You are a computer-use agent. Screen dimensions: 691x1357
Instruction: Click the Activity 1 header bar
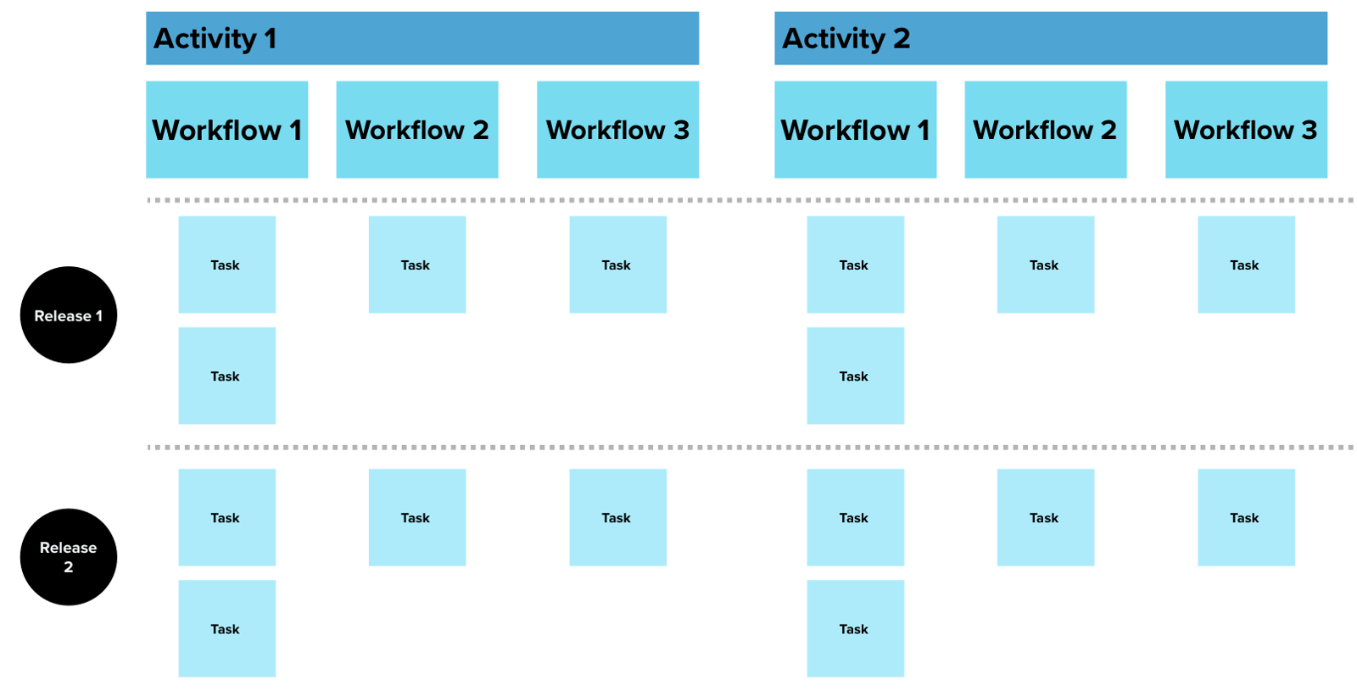coord(422,38)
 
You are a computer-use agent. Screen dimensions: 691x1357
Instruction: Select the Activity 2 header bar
coord(1050,38)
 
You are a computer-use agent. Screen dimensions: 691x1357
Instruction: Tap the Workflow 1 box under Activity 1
coord(226,130)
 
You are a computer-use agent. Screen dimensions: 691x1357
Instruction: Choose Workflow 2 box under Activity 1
coord(416,130)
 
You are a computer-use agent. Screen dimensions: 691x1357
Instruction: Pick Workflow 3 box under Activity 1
coord(617,130)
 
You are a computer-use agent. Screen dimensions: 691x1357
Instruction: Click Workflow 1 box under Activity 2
coord(855,130)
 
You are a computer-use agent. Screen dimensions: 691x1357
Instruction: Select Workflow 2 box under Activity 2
coord(1045,130)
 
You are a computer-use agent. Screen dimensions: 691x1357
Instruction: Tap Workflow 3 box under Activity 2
coord(1246,130)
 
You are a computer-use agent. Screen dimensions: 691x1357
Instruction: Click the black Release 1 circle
coord(69,315)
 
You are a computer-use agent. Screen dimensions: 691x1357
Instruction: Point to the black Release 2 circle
coord(69,557)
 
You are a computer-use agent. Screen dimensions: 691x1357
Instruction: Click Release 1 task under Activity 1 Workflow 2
coord(416,265)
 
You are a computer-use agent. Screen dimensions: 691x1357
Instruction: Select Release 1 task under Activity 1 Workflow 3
coord(617,265)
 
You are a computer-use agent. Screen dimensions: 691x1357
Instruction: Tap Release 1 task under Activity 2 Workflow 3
coord(1246,265)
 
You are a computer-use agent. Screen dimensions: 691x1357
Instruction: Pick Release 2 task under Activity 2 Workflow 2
coord(1045,517)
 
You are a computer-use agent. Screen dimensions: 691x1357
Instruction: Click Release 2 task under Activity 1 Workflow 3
coord(617,517)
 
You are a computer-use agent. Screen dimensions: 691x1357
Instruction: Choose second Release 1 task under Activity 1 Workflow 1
coord(226,376)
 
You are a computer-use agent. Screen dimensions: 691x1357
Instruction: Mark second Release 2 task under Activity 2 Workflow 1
coord(855,628)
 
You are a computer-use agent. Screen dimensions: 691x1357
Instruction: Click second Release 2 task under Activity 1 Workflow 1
coord(226,628)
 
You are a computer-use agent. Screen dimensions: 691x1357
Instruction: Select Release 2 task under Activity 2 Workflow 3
coord(1246,517)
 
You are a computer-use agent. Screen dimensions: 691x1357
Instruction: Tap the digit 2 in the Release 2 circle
coord(69,567)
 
